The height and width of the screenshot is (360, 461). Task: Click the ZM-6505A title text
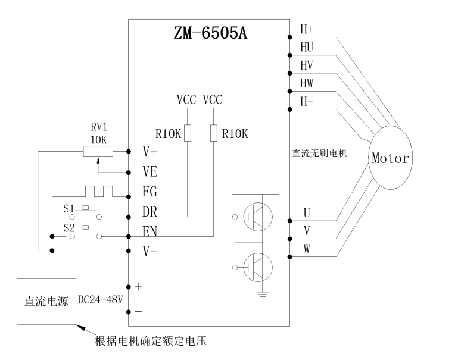(x=210, y=33)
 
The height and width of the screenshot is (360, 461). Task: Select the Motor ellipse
(x=390, y=158)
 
